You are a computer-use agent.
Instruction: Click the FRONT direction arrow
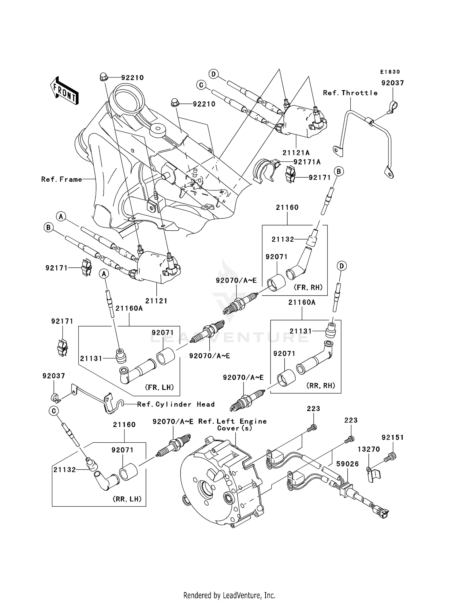[64, 91]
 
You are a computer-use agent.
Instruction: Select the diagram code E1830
[390, 72]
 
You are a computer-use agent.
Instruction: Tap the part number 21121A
[296, 153]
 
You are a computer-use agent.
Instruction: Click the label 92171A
[307, 162]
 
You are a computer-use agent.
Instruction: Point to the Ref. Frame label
[62, 179]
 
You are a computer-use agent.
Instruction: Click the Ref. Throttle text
[350, 93]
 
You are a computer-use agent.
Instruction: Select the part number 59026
[347, 464]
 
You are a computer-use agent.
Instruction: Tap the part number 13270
[369, 449]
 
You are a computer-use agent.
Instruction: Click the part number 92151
[392, 437]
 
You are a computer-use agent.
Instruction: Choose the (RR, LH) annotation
[127, 499]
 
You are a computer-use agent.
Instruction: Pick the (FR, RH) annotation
[308, 287]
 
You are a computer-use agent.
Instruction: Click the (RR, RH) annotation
[321, 386]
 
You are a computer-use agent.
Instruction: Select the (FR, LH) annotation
[159, 387]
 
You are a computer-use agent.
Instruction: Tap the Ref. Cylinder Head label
[176, 404]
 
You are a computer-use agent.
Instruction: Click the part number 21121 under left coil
[156, 301]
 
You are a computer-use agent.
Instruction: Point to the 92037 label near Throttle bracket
[392, 83]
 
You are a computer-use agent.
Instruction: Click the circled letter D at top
[213, 74]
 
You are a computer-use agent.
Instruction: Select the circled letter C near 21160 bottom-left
[54, 411]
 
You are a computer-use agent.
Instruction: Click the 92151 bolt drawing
[392, 456]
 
